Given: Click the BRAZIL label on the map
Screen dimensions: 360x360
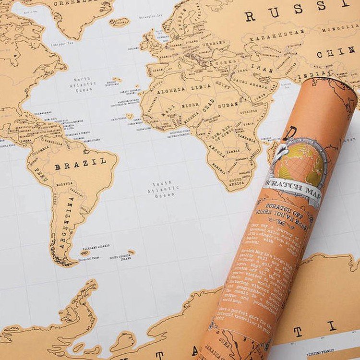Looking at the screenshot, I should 80,164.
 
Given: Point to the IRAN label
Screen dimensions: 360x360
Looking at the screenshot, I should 261,68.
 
